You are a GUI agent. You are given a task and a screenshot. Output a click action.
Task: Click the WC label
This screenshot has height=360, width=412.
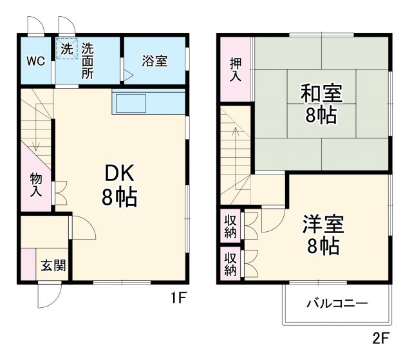click(x=35, y=61)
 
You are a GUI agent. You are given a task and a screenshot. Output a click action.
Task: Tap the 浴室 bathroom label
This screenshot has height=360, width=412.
click(x=154, y=61)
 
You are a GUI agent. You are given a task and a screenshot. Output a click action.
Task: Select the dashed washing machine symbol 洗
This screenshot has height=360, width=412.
click(x=67, y=49)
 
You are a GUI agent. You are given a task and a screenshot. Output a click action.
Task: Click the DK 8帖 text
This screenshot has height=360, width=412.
click(x=120, y=185)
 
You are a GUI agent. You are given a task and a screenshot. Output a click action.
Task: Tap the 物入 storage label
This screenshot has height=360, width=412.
click(x=36, y=185)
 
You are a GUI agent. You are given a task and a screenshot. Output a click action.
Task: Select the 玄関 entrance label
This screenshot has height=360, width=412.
click(x=53, y=265)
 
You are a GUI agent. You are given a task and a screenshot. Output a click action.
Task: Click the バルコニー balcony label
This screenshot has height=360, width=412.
click(x=337, y=303)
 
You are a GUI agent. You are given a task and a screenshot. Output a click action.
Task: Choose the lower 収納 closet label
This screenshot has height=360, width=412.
click(x=230, y=263)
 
